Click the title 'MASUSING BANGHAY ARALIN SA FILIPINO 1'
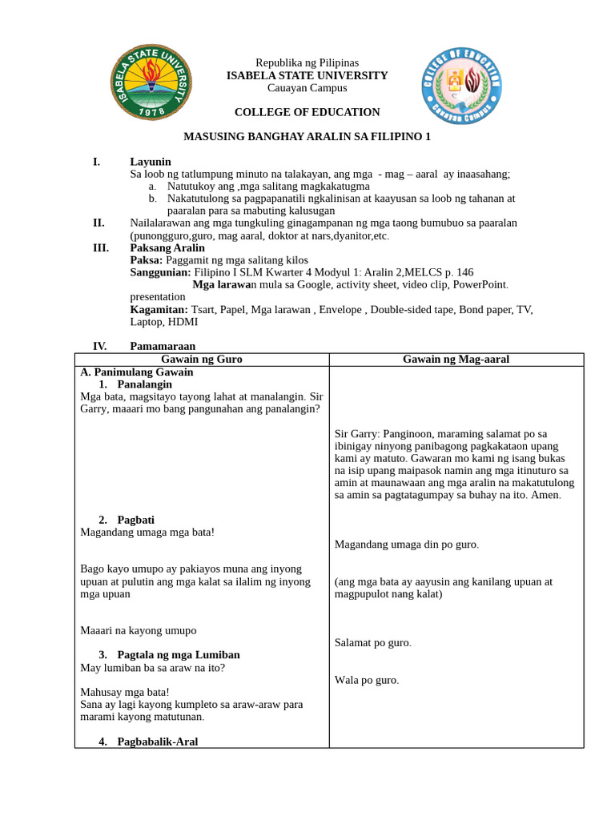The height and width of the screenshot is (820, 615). coord(307,137)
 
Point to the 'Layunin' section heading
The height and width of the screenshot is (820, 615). coord(151,162)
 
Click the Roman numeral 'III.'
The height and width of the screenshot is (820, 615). coord(101,248)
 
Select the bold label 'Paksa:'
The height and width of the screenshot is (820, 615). coord(146,260)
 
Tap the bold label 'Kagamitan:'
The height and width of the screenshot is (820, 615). coord(159,309)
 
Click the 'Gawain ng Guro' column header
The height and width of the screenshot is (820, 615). coord(202,360)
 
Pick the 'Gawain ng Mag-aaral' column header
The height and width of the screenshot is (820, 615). coord(456,360)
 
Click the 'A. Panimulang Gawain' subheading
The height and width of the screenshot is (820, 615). coord(137,372)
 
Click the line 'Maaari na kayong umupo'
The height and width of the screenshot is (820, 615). coord(138,630)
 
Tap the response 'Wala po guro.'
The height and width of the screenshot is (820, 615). coord(366,681)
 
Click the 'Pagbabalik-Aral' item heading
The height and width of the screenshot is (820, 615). coord(157,742)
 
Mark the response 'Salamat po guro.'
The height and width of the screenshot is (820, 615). coord(373,643)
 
